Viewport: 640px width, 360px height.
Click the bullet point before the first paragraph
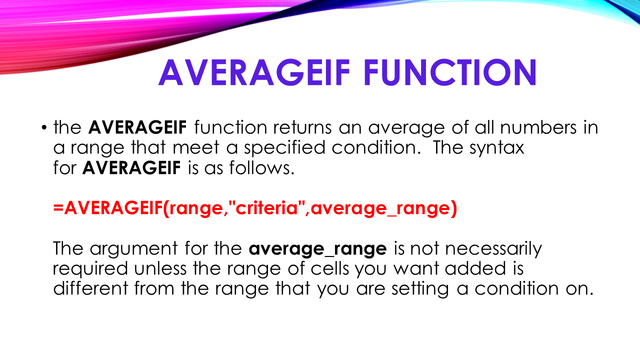click(x=44, y=128)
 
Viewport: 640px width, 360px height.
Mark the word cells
click(x=327, y=268)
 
